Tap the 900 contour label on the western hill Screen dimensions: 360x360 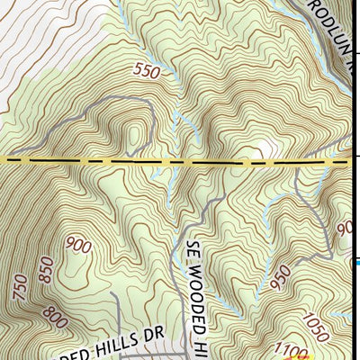[79, 246]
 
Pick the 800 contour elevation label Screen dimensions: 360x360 [55, 318]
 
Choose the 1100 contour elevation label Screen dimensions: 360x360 [292, 349]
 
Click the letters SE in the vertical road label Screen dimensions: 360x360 [195, 248]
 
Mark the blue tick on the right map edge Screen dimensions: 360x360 [355, 262]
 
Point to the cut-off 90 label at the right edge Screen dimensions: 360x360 [346, 229]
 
